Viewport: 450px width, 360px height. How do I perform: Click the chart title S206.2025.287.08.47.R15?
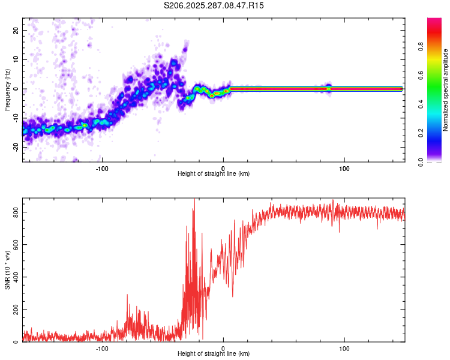214,5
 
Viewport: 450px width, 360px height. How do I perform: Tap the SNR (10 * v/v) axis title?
7,269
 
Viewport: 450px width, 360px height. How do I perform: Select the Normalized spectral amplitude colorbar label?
445,90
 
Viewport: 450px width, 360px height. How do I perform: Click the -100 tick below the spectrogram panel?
102,168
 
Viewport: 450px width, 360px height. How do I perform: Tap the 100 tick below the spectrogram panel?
344,168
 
